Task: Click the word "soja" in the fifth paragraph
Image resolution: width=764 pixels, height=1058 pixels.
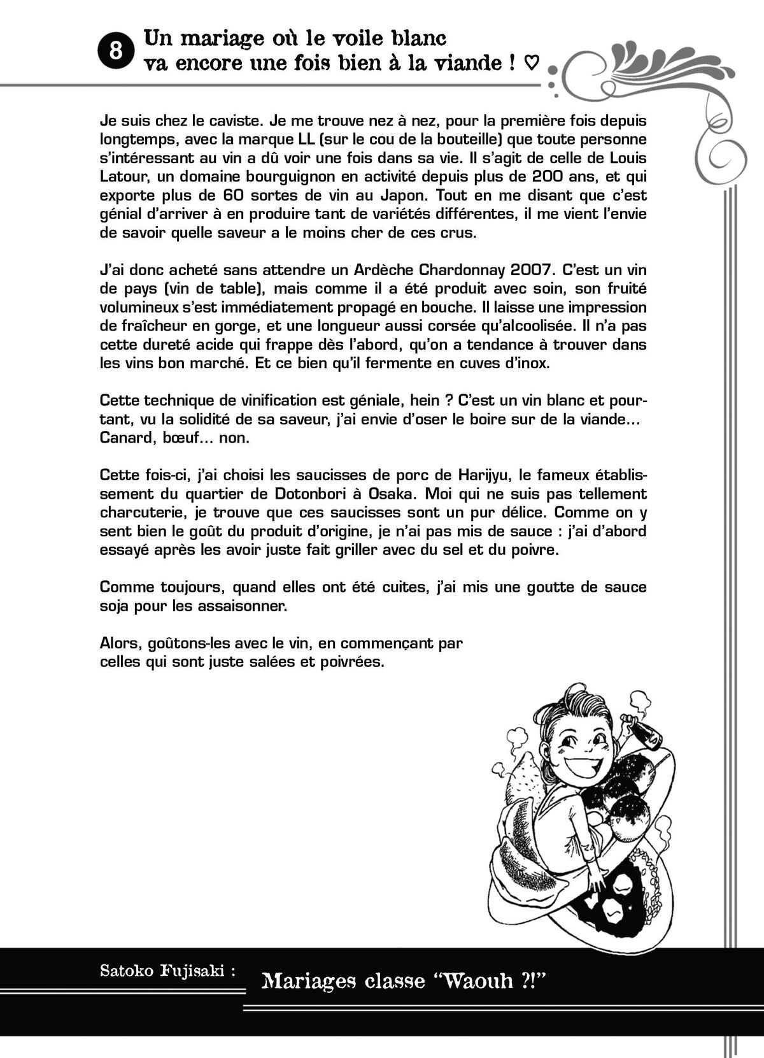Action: [115, 605]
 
